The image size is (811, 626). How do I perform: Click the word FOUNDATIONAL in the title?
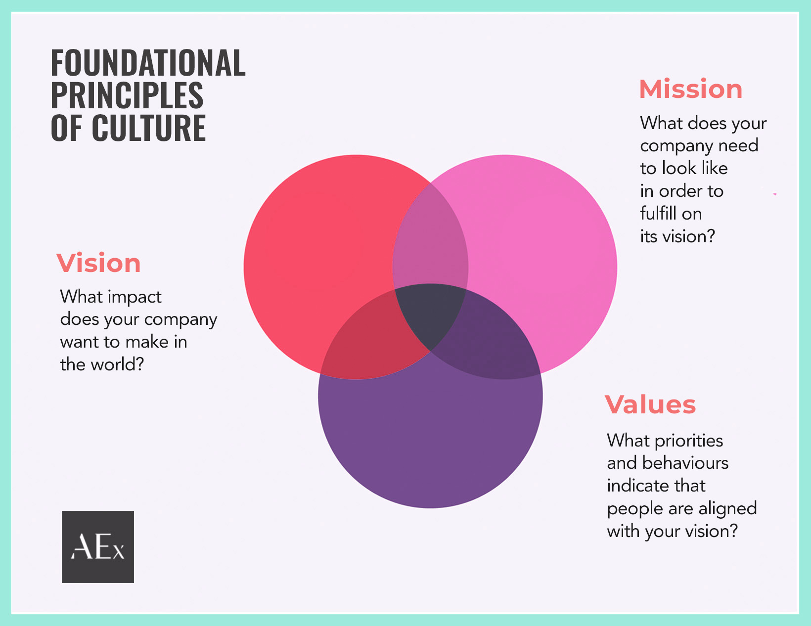(x=148, y=63)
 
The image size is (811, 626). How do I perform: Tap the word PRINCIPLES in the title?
(x=127, y=95)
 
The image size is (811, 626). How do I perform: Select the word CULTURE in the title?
(x=148, y=128)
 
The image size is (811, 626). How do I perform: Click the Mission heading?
(x=690, y=89)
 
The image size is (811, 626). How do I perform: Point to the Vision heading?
(x=98, y=263)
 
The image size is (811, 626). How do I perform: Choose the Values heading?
(x=650, y=404)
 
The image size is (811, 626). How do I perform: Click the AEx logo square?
(x=98, y=546)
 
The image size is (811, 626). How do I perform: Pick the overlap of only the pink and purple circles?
(x=495, y=346)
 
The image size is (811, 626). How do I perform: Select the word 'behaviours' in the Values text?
(x=685, y=463)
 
